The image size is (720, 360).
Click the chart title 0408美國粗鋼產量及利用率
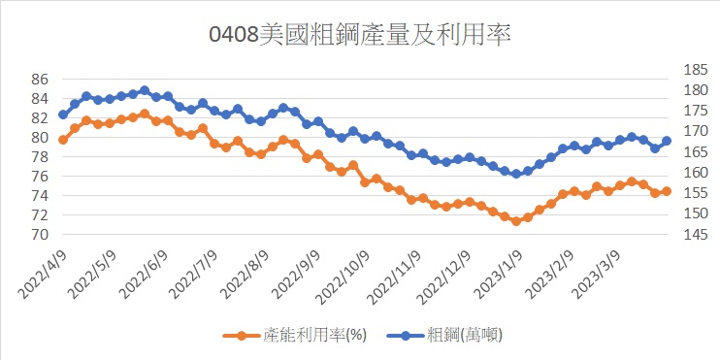[360, 35]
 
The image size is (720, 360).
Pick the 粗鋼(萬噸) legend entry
[444, 336]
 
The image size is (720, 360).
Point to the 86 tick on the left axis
[40, 80]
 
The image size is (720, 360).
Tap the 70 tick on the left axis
[40, 235]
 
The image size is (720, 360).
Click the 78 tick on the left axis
[40, 157]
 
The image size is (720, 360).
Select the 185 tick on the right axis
[696, 70]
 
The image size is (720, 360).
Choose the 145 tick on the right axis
[696, 235]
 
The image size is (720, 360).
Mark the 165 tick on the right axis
[696, 152]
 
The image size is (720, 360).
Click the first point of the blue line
[63, 115]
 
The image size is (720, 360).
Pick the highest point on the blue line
[145, 90]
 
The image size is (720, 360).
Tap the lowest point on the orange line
[516, 221]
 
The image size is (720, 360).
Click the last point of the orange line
[667, 191]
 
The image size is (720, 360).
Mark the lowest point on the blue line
[516, 174]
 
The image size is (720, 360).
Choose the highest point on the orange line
[145, 113]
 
